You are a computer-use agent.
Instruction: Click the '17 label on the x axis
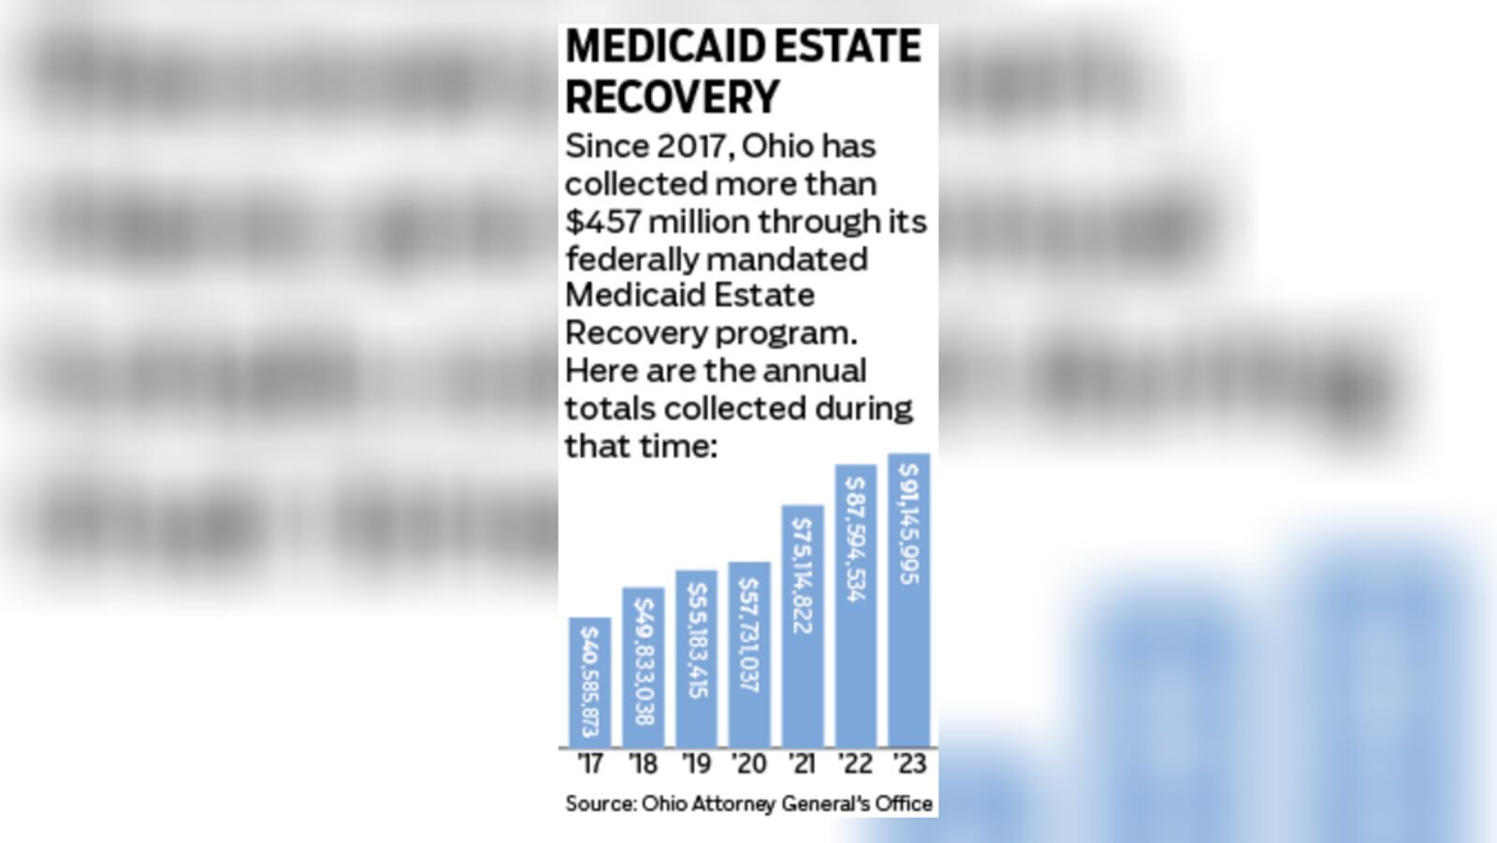(589, 764)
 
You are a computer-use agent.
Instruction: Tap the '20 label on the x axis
(748, 764)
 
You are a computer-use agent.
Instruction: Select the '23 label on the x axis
(908, 764)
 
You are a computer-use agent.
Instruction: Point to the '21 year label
(802, 764)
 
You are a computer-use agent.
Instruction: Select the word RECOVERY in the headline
(672, 97)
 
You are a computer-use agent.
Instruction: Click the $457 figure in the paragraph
(603, 222)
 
